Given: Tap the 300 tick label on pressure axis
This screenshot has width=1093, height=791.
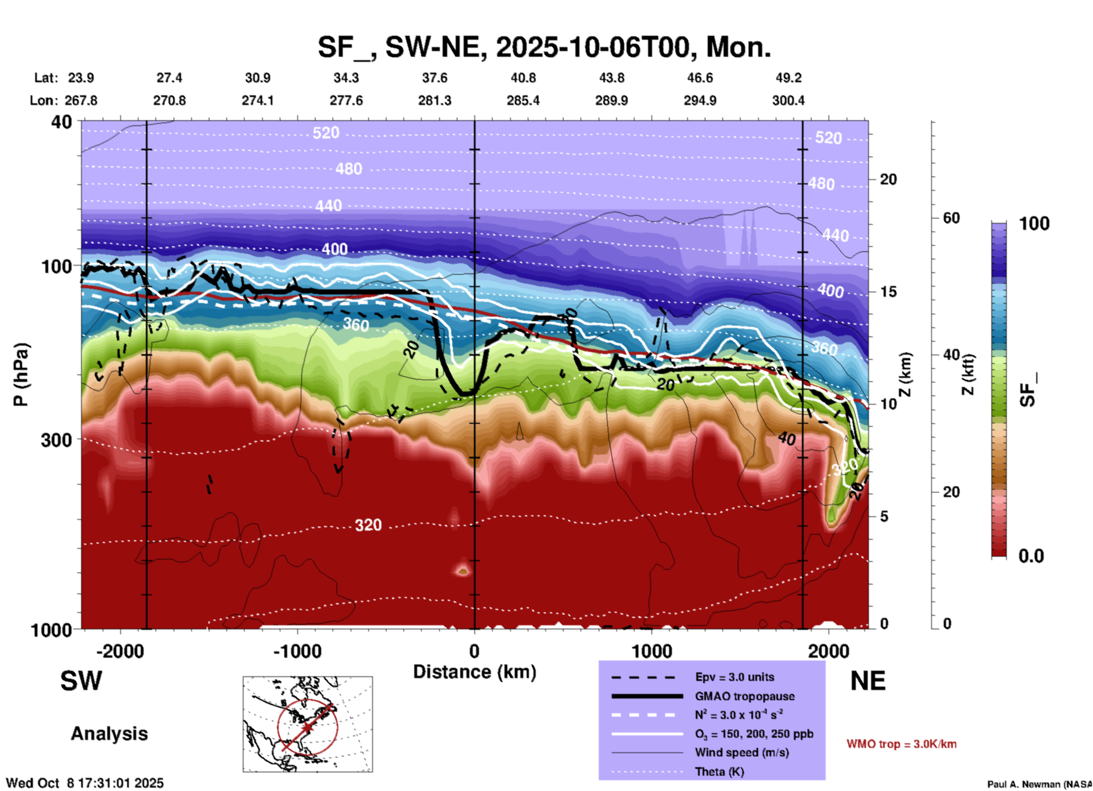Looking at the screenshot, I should pos(57,440).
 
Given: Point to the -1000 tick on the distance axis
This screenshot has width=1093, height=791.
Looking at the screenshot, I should pos(297,651).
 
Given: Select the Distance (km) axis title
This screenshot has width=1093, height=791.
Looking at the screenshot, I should pos(474,672).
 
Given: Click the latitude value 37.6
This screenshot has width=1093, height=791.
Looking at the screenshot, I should pos(435,78).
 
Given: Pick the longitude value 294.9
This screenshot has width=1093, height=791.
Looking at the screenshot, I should pos(700,100).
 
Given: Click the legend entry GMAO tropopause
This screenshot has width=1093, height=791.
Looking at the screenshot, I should pos(745,696).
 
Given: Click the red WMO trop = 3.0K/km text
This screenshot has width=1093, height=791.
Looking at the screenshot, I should pos(901,744).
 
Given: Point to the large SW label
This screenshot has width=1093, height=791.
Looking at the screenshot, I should pos(81,681).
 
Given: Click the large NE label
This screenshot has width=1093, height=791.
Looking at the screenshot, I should pos(868,681).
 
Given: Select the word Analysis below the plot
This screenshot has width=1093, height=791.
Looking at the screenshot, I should pos(109,734).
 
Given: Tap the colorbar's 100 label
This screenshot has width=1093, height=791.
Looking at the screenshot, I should pos(1034,224).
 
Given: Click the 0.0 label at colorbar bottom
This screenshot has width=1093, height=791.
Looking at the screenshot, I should pos(1031,556).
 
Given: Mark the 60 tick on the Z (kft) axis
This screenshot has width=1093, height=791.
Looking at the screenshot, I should pos(951,218).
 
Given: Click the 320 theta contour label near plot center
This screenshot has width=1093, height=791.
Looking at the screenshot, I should pos(368,525).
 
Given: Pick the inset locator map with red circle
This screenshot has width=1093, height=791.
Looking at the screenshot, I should pos(308,724).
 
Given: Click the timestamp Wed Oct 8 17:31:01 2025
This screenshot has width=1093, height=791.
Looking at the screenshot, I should pos(85,783).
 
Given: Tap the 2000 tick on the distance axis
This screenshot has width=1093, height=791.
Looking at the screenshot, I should pos(829,651).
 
